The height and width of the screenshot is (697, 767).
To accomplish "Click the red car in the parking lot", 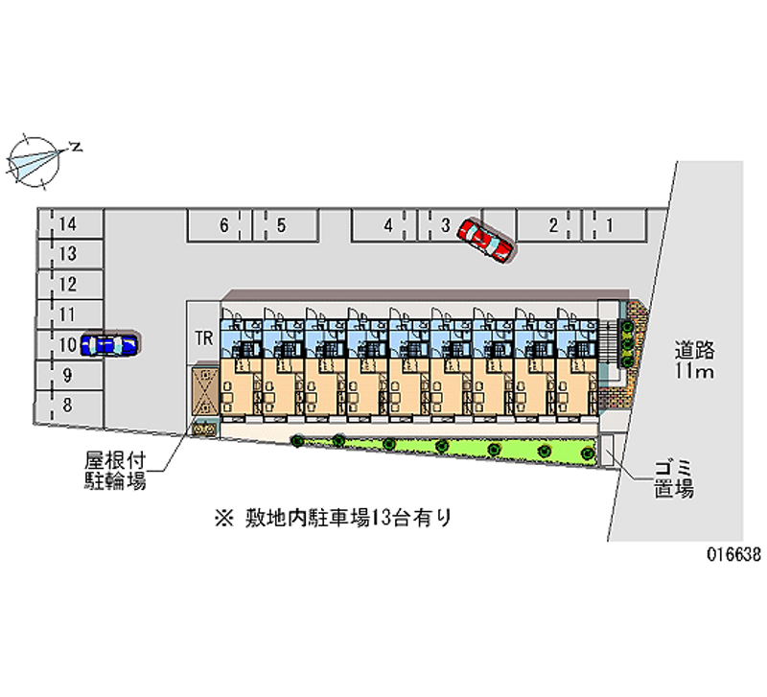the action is coord(485,239).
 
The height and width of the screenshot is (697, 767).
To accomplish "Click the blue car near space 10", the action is coord(109,343).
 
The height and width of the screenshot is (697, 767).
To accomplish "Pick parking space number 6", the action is coord(223,226).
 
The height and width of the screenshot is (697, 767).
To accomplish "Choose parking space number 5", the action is coord(280,226).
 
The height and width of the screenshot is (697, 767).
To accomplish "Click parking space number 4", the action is coord(387,226).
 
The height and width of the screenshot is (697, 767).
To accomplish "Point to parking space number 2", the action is coord(553,226).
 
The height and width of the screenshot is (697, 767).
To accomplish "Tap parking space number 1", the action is coord(610,226).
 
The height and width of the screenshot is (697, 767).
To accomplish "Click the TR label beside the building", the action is coord(203,337).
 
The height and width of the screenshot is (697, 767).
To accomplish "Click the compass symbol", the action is coord(36,157).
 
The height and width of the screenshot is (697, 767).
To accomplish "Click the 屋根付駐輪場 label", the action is coord(113,472).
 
